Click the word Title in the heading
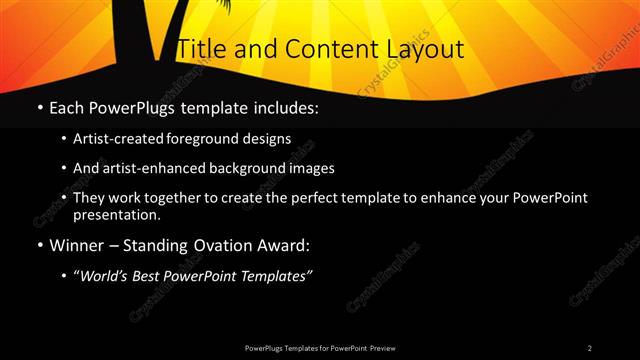pyautogui.click(x=198, y=49)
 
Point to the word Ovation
pyautogui.click(x=211, y=245)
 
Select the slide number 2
pyautogui.click(x=590, y=347)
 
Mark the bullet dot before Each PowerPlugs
pyautogui.click(x=39, y=107)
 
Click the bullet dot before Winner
pyautogui.click(x=39, y=245)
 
